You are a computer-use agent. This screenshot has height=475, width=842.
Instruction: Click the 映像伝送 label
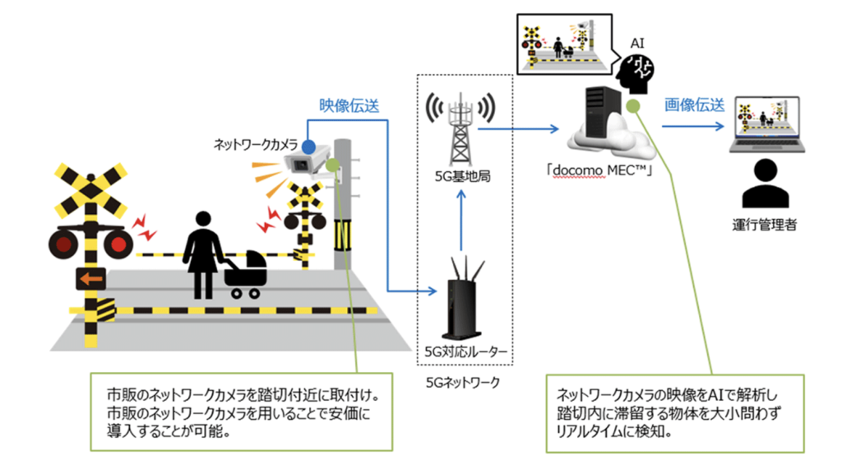(x=349, y=105)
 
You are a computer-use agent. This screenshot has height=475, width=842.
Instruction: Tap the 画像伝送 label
(x=695, y=105)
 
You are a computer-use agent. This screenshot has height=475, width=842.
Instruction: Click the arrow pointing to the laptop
(x=695, y=128)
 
